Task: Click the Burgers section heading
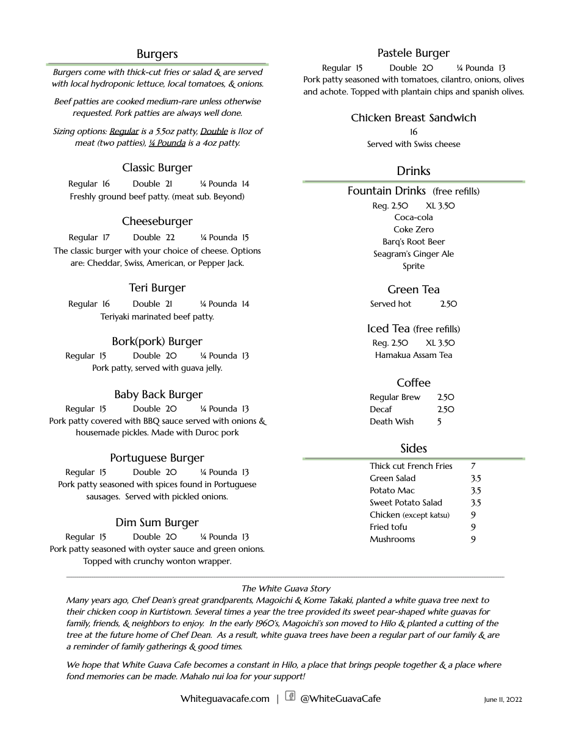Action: click(157, 54)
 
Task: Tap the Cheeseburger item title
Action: click(157, 221)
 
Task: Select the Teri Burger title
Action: click(157, 288)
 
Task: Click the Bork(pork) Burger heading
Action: click(157, 341)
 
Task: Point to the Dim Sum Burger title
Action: click(157, 523)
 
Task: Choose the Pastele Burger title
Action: click(413, 53)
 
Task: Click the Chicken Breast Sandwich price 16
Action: click(414, 132)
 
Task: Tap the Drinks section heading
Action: click(413, 171)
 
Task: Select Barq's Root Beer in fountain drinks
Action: click(414, 241)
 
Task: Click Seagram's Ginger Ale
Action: click(414, 254)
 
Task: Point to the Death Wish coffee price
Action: click(439, 421)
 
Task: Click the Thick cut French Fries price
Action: click(473, 466)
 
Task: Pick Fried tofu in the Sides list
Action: click(388, 527)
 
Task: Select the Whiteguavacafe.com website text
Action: click(224, 699)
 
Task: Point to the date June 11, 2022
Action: click(503, 700)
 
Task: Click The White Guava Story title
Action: click(285, 588)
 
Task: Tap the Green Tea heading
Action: click(413, 290)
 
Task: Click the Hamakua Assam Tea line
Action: click(414, 355)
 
